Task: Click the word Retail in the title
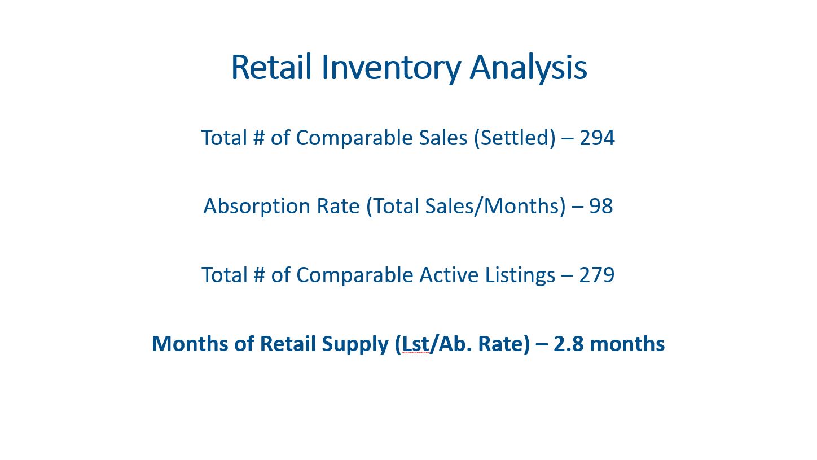271,67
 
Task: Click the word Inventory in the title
391,69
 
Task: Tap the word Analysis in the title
528,69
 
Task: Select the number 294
597,138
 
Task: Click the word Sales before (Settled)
443,138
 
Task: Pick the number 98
601,206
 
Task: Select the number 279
597,275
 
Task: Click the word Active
449,275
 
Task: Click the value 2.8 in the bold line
568,344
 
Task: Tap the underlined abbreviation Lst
415,344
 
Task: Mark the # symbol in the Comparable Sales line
258,138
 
